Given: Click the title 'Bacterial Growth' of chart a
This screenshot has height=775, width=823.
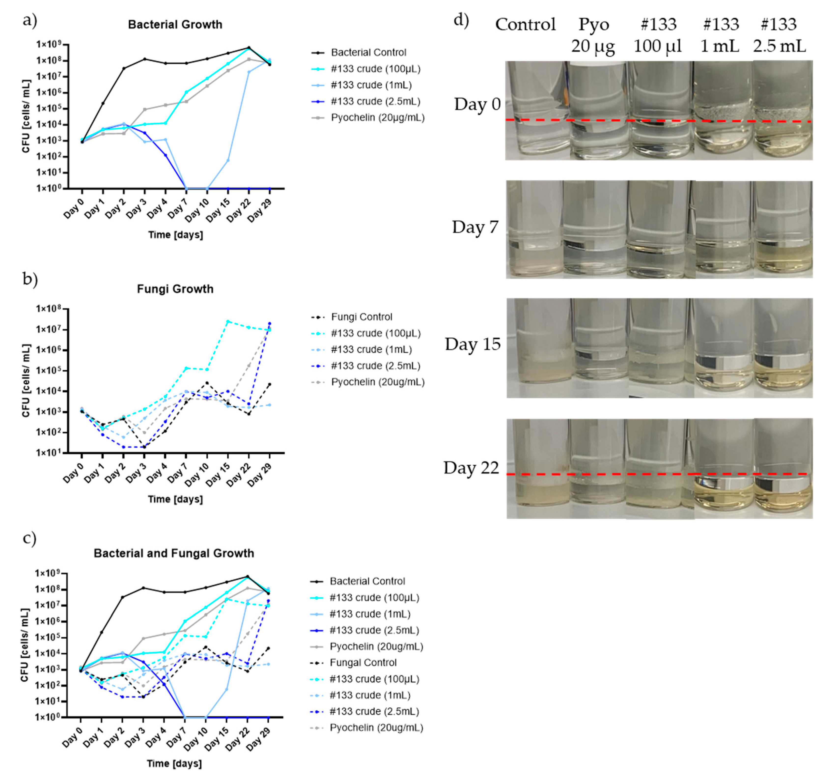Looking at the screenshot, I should click(175, 24).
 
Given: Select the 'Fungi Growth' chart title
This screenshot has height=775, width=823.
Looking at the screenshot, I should click(175, 289).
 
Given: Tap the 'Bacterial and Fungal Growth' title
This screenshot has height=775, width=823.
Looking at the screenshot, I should click(174, 553).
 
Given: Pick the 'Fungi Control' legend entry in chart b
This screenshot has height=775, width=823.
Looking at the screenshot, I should click(362, 317).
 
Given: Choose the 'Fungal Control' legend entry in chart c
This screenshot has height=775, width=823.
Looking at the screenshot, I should click(363, 663).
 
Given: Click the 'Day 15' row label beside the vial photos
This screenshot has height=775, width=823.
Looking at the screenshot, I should click(473, 344).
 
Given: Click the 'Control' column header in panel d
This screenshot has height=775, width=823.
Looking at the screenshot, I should click(525, 24).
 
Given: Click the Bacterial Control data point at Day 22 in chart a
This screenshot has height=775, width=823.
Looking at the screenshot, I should click(249, 48).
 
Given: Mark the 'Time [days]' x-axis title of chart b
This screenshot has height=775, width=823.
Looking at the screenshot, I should click(175, 499).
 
